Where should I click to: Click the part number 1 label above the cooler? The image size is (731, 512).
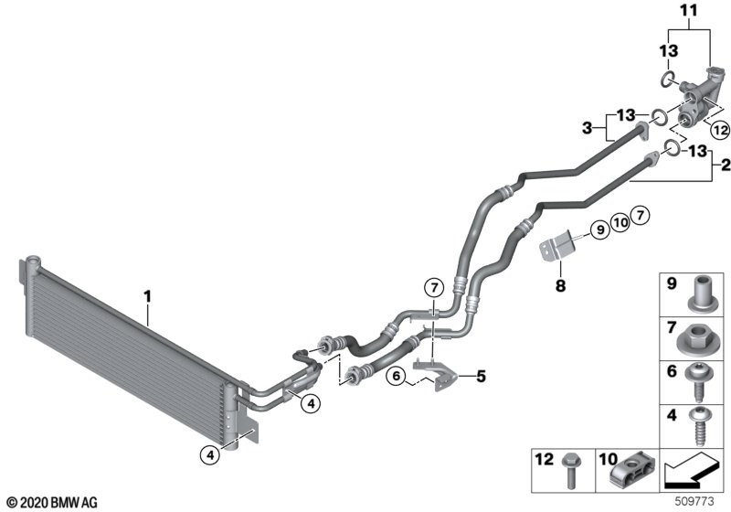pyautogui.click(x=147, y=295)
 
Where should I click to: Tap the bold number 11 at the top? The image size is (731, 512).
pyautogui.click(x=689, y=10)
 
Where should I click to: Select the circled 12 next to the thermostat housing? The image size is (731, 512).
pyautogui.click(x=720, y=130)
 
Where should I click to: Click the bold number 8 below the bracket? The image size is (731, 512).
pyautogui.click(x=560, y=285)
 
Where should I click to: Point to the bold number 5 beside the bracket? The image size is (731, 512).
pyautogui.click(x=481, y=376)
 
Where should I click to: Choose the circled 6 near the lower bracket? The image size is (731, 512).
pyautogui.click(x=397, y=376)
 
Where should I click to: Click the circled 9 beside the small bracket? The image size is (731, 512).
pyautogui.click(x=600, y=229)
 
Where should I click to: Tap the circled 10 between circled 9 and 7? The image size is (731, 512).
pyautogui.click(x=620, y=222)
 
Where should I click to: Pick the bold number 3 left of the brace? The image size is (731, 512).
pyautogui.click(x=587, y=127)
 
